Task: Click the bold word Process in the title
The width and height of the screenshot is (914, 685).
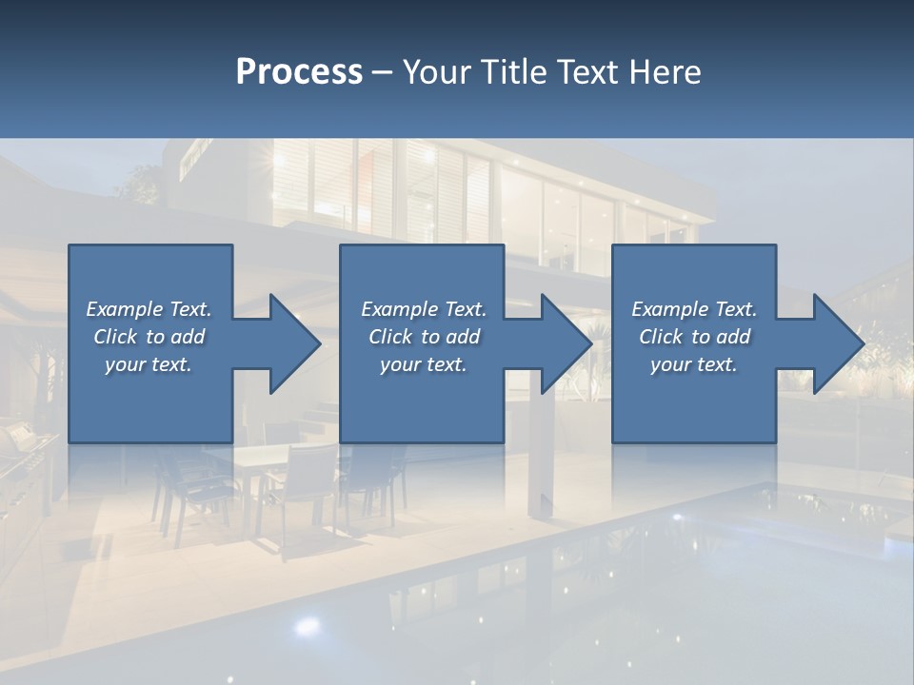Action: click(x=299, y=72)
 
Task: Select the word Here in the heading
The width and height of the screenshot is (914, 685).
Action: click(x=665, y=72)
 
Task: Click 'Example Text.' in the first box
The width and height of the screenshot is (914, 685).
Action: click(x=149, y=309)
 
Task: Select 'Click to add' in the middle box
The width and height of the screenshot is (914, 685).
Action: click(x=424, y=337)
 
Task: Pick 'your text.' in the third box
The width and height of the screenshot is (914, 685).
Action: click(x=693, y=364)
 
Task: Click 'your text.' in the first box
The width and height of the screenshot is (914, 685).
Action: click(x=149, y=364)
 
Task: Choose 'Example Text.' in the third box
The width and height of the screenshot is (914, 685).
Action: click(x=693, y=309)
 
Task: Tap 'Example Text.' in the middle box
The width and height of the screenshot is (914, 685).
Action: click(x=424, y=309)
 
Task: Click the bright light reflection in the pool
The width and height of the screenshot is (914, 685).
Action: click(x=307, y=625)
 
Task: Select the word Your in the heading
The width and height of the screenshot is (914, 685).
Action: click(x=435, y=72)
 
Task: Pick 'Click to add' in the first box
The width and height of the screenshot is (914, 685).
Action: click(x=149, y=337)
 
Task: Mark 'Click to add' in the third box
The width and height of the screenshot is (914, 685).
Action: click(x=693, y=337)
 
